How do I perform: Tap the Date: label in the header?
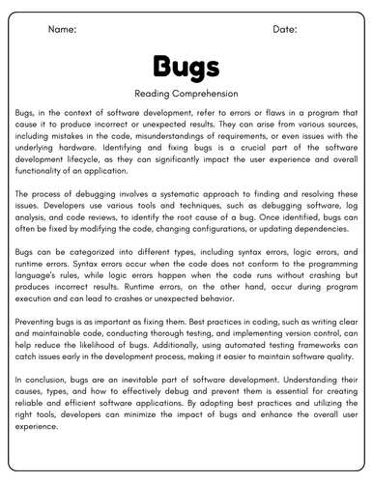pos(285,30)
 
